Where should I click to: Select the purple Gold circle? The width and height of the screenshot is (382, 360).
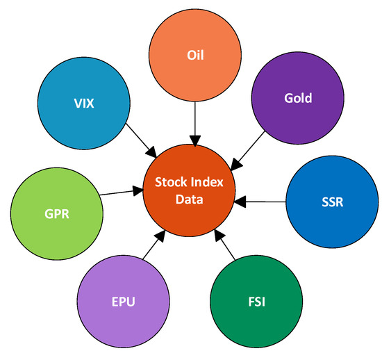tap(298, 97)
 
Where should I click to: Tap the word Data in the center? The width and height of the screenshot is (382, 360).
tap(190, 202)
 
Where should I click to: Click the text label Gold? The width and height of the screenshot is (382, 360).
tap(298, 98)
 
